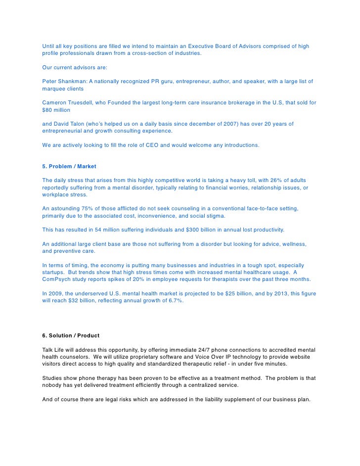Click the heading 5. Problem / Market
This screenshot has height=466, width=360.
coord(69,167)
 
